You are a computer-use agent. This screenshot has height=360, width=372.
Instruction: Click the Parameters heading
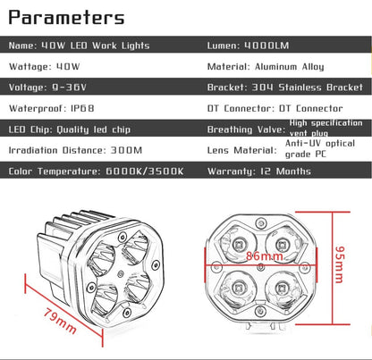(66, 18)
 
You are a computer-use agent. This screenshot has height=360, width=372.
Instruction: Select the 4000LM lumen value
(266, 46)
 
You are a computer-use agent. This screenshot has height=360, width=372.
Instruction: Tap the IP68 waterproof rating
(82, 108)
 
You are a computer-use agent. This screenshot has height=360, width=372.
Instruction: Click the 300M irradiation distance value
(126, 150)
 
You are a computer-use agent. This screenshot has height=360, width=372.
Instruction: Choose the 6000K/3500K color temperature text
(145, 172)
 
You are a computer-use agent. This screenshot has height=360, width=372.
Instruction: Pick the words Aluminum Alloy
(290, 67)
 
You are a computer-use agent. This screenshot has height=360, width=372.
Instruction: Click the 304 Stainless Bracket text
(308, 88)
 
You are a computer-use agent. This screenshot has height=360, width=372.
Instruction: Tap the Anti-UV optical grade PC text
(320, 148)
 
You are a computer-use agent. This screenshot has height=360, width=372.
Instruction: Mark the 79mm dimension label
(60, 321)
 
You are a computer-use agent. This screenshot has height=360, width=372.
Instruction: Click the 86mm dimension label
(264, 256)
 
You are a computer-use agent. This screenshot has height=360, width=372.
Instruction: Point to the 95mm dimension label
(340, 264)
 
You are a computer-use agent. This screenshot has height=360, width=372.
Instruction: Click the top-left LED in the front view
(239, 245)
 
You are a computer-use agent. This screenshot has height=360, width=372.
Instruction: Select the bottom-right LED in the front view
(281, 288)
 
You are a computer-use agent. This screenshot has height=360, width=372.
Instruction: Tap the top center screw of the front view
(261, 222)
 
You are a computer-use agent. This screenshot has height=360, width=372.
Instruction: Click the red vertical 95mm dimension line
(332, 268)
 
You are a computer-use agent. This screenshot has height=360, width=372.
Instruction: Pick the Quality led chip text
(94, 130)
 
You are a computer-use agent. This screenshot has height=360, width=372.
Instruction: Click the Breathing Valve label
(246, 130)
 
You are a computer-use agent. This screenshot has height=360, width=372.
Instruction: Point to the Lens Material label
(242, 150)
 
